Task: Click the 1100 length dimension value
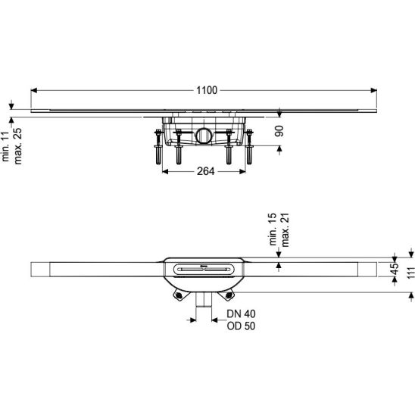point(207,90)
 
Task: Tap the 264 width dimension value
point(206,171)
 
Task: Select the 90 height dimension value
point(279,131)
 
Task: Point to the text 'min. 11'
point(5,146)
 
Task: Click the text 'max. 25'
point(17,146)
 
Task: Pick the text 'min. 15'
point(273,229)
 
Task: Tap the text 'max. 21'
point(285,229)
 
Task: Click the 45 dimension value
point(395,269)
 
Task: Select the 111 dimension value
point(410,273)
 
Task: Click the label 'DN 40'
point(241,314)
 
